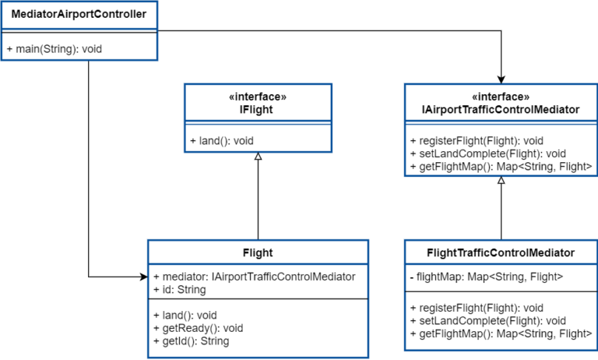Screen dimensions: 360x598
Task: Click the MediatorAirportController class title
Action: pos(79,15)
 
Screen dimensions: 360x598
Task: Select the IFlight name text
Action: pos(257,111)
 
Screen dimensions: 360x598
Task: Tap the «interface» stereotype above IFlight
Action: pos(257,97)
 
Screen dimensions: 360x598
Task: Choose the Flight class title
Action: pos(257,252)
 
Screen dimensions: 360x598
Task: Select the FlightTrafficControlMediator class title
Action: pos(501,252)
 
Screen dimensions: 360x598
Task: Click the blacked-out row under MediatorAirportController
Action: pos(52,49)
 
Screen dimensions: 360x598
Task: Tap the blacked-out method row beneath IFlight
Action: pos(220,141)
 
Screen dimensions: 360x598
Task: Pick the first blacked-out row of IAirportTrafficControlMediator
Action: pos(474,141)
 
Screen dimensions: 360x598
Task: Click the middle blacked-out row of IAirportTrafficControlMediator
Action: pos(486,154)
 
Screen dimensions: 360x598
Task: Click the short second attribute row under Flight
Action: pos(178,291)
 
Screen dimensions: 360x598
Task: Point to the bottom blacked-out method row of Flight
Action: pos(189,341)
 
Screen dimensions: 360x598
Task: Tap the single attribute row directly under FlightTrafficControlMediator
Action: pos(483,277)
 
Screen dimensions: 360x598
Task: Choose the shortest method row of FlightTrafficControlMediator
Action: pos(474,309)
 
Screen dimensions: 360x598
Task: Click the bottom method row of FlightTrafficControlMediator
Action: pos(495,334)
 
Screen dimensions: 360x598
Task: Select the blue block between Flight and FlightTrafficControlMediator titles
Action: pos(386,254)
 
